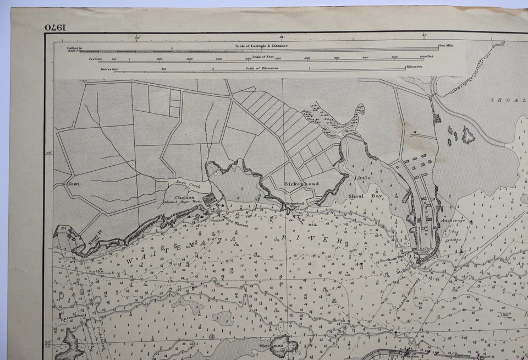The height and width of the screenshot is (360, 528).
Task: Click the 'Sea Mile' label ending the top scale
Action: coord(446,45)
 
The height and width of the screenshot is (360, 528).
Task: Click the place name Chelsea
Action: coord(185,197)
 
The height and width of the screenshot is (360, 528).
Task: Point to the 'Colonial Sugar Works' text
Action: coord(182,203)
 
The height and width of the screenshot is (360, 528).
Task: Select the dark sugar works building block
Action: coord(210,198)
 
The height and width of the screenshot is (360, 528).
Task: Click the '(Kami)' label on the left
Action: coord(74,184)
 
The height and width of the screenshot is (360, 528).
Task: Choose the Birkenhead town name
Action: coord(301,183)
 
